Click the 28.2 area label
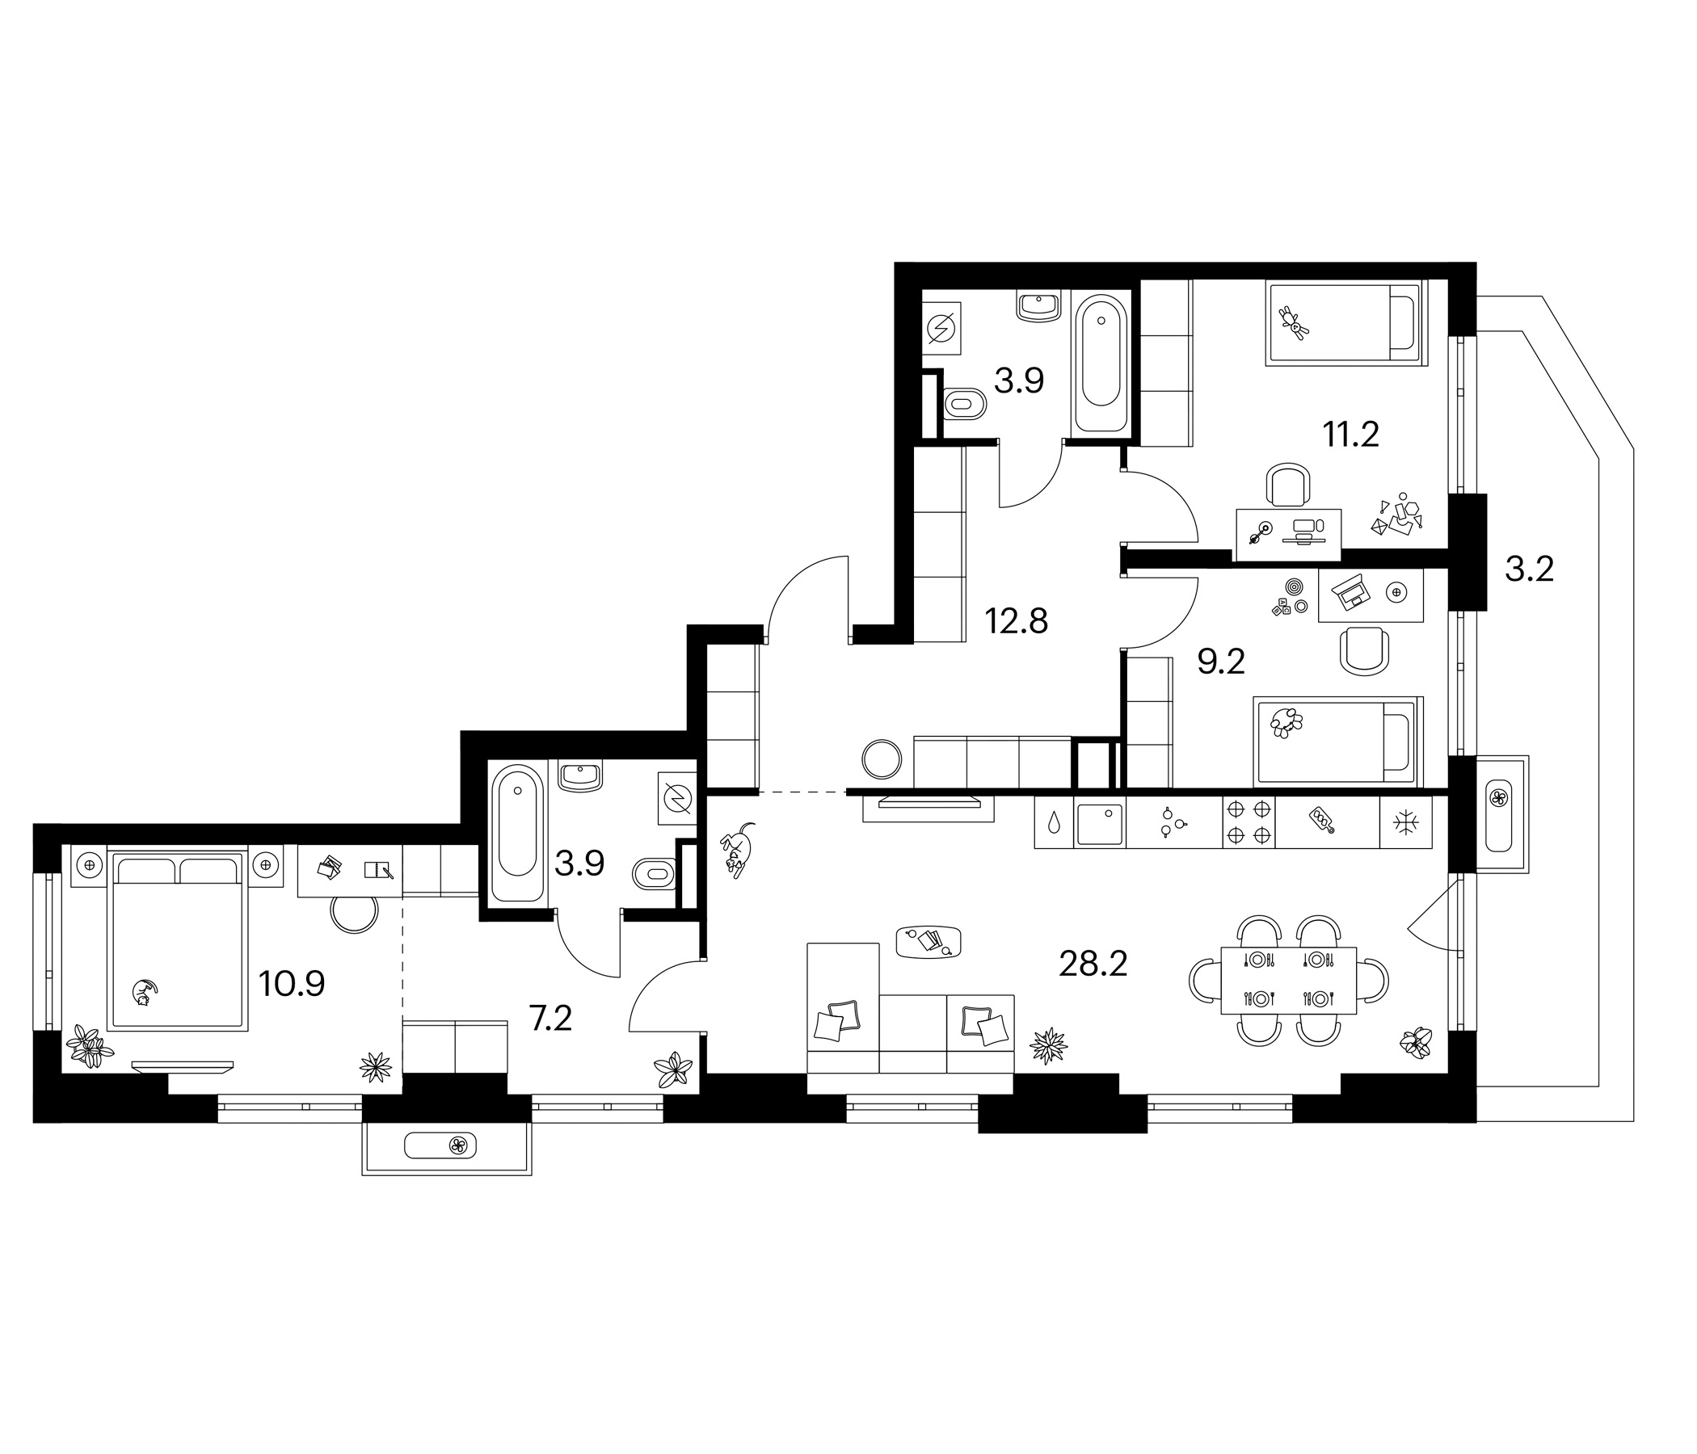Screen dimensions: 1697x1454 pos(1093,964)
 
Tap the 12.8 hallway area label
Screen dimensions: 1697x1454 pos(1017,621)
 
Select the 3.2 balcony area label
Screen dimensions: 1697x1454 pos(1529,568)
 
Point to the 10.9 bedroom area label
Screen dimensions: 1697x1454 pos(292,983)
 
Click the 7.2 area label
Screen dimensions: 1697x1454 pos(550,1019)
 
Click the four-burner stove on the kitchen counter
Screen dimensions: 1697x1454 pos(1249,822)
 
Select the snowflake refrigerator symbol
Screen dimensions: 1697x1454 pos(1406,822)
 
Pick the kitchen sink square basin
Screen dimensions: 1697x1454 pos(1099,824)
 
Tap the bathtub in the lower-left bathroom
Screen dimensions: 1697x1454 pos(517,834)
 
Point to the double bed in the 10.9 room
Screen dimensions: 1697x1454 pos(177,940)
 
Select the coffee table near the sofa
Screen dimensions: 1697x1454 pos(929,941)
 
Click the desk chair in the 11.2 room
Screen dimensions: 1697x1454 pos(1288,485)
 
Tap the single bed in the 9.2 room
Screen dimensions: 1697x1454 pos(1338,740)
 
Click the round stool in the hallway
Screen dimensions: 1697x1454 pos(882,759)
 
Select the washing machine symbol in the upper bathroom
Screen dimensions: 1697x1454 pos(942,329)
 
